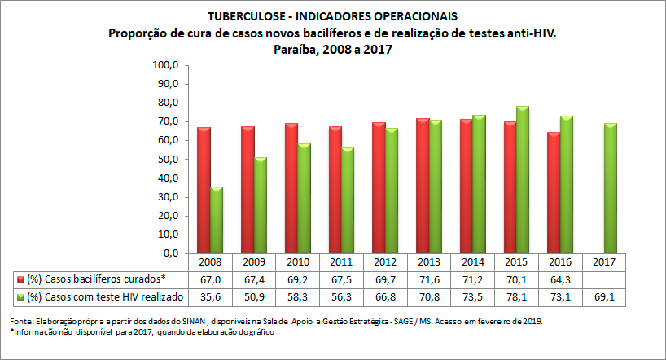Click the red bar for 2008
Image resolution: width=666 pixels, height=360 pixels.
[204, 191]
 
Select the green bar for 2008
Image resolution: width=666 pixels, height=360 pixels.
[217, 221]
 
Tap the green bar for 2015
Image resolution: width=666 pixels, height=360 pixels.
[523, 180]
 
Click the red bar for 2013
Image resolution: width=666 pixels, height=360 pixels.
[423, 187]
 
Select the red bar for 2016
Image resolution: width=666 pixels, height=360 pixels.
[554, 193]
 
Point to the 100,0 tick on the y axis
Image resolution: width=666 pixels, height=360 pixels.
[166, 64]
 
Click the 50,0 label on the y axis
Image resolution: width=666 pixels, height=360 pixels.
[166, 160]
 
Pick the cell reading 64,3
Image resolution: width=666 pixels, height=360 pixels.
[560, 279]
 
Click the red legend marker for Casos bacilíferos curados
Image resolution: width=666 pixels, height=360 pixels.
[19, 279]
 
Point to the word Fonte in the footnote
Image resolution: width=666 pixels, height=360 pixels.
[21, 322]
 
